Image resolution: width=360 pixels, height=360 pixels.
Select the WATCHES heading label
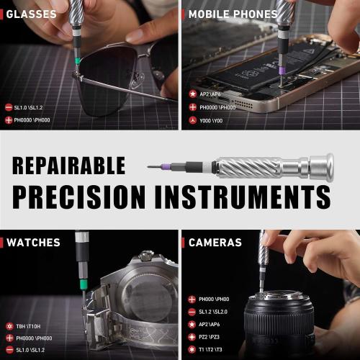33,242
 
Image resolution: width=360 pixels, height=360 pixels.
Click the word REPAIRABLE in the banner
68,165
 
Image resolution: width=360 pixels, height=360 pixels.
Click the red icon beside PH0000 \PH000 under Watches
8,338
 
